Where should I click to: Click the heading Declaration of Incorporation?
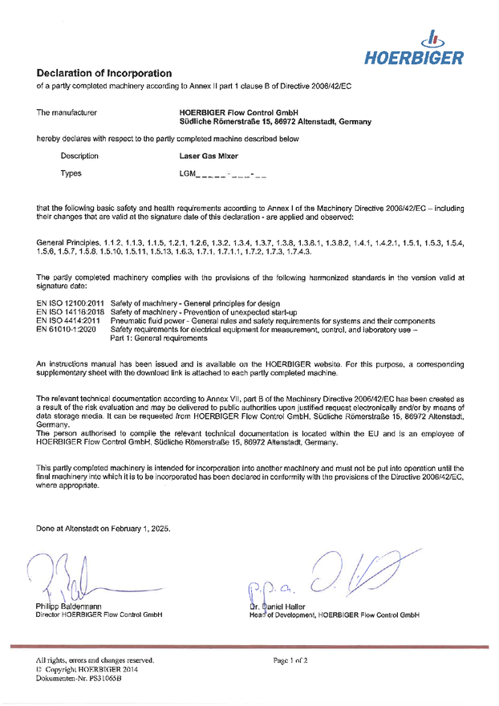tap(104, 73)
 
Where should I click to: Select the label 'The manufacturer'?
tap(68, 112)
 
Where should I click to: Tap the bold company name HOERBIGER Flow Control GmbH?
tap(239, 112)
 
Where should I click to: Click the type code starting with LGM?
tap(223, 173)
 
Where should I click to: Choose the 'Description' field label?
tap(79, 156)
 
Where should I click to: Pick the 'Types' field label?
tap(71, 173)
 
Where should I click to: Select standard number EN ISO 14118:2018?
tap(67, 310)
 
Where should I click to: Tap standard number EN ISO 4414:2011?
tap(65, 320)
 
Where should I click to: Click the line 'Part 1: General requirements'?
tap(158, 338)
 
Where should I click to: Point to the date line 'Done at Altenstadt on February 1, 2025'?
tap(103, 529)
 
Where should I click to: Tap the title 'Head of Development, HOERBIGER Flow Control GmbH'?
tap(334, 615)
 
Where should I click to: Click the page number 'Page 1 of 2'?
tap(290, 660)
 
